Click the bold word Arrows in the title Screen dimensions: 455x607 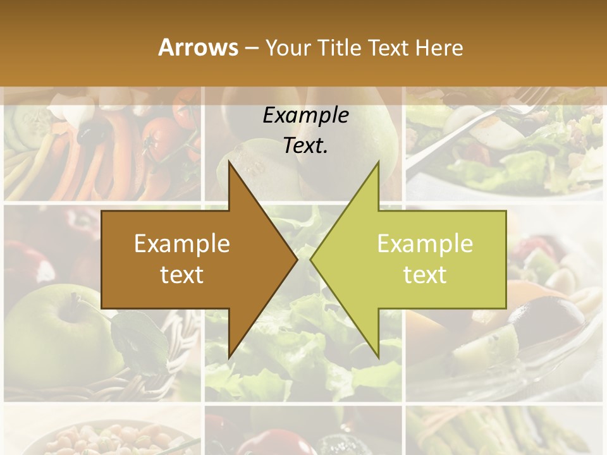click(197, 47)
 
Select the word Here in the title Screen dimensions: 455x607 click(439, 47)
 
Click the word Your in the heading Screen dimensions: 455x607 click(289, 47)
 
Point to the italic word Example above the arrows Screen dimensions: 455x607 click(305, 116)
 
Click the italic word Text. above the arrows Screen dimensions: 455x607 click(305, 145)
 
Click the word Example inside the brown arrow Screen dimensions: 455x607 click(182, 244)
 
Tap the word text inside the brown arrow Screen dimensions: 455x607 click(182, 275)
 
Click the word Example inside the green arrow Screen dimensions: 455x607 click(425, 244)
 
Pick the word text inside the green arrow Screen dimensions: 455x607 click(425, 275)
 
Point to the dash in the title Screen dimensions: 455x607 click(250, 48)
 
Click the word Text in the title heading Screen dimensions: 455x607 click(389, 47)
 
